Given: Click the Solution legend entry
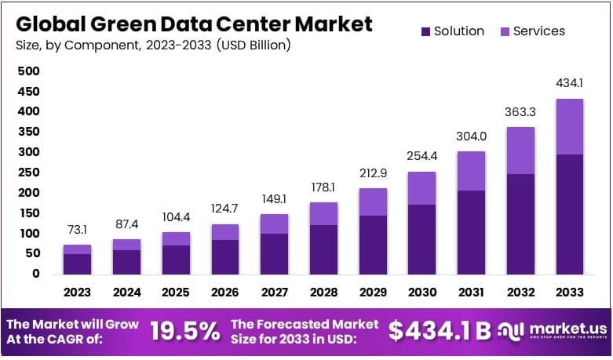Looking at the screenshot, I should tap(452, 31).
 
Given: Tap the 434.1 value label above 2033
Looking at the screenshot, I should tap(571, 83).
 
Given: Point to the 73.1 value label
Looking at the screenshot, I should tap(77, 230).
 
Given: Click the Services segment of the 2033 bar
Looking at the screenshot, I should tap(571, 126).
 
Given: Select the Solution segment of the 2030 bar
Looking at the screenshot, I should tap(422, 239).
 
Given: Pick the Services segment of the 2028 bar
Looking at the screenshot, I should tap(323, 213).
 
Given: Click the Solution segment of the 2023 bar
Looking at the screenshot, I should tap(77, 264).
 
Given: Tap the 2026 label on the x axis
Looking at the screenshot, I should tap(225, 292).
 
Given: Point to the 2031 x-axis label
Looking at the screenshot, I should tap(472, 292).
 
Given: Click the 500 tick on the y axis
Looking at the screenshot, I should tap(28, 71).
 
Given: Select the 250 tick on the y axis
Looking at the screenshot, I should tap(28, 173).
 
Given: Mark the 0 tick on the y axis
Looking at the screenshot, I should tap(35, 274).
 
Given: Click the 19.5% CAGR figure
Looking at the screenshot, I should tap(186, 331).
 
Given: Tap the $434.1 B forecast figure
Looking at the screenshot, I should tap(439, 331).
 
